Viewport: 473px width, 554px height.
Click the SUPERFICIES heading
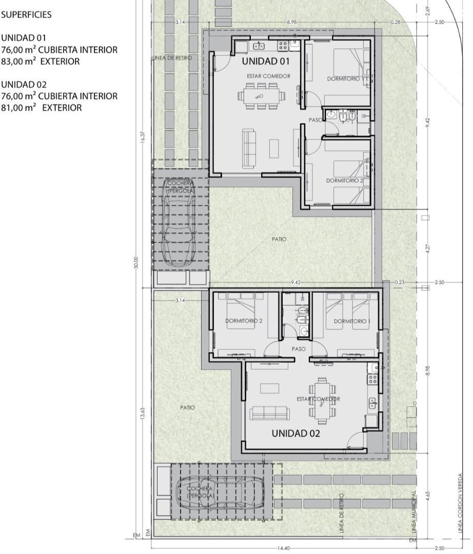26,15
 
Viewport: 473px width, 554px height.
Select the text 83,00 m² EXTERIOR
41,62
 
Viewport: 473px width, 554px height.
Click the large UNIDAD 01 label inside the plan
266,62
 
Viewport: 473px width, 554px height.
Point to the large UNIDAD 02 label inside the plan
295,433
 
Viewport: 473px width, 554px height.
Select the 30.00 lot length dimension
136,263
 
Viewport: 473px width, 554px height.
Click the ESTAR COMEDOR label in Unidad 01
268,76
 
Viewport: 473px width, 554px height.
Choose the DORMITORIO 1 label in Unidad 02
351,321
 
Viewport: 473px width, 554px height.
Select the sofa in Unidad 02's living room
269,413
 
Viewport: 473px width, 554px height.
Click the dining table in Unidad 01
260,96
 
